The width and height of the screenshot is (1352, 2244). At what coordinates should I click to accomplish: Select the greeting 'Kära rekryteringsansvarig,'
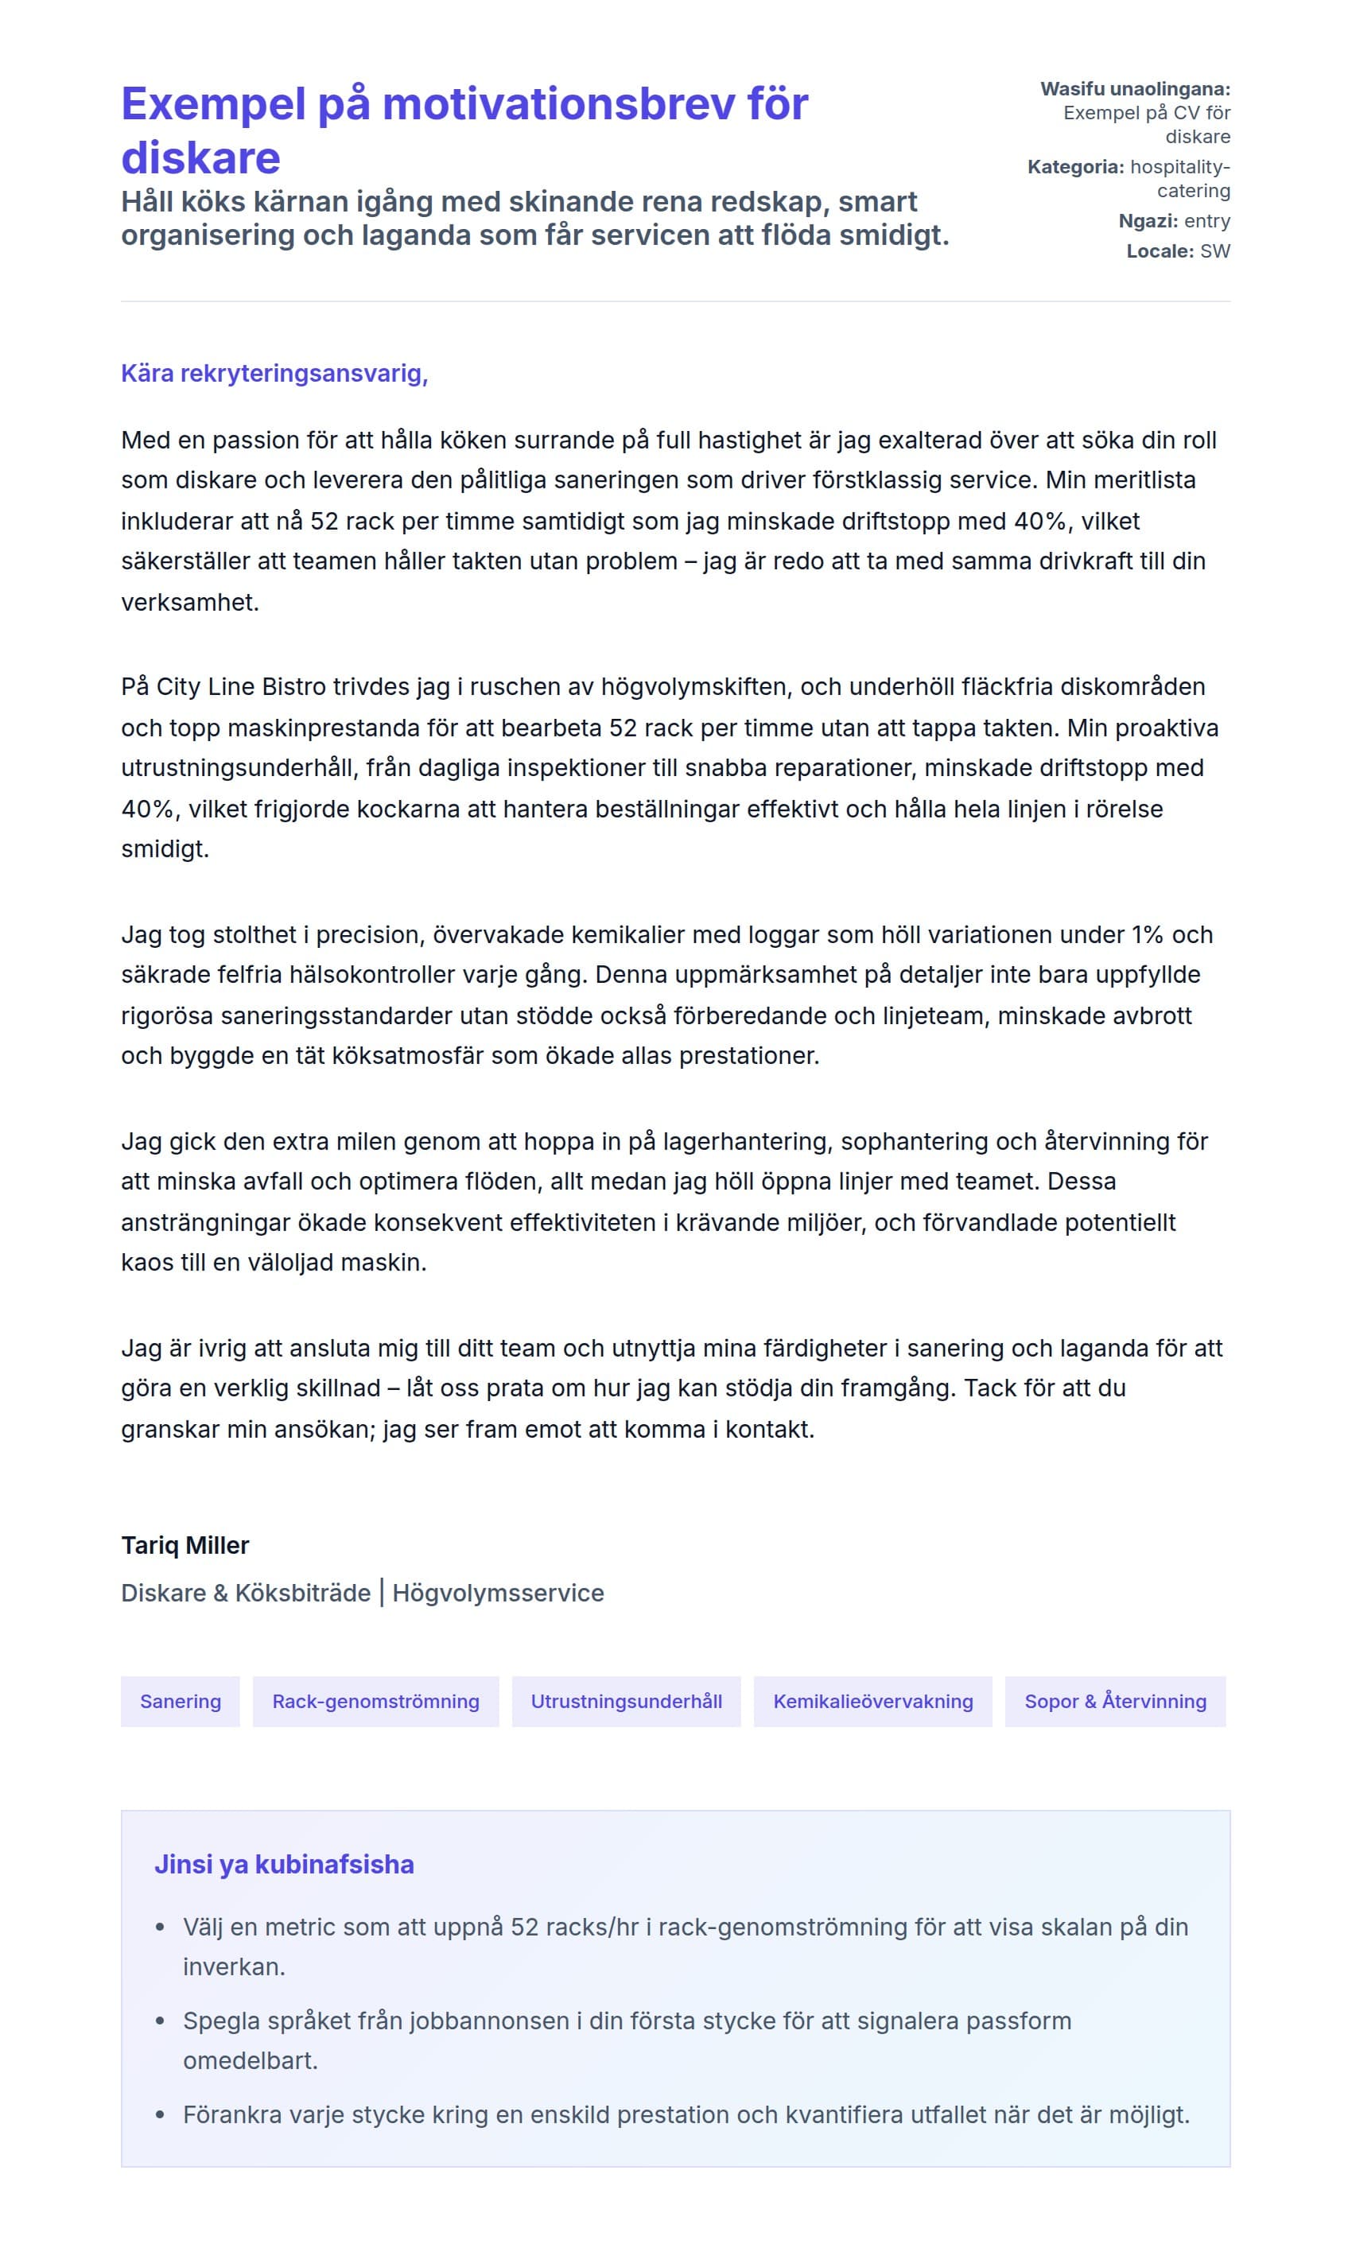(274, 374)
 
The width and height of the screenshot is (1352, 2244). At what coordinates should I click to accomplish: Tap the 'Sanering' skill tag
(181, 1701)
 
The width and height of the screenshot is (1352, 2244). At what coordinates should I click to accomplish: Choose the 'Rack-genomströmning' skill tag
(375, 1701)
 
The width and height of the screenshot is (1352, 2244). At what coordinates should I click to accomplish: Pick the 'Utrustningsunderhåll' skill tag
(626, 1701)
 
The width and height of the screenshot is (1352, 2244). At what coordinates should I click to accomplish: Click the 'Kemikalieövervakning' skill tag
(872, 1701)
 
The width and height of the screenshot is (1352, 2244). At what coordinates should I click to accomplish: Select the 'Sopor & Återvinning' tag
(1115, 1701)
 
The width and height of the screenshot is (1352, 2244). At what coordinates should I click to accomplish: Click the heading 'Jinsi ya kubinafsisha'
(284, 1864)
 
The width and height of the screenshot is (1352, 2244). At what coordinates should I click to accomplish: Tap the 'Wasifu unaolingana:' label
(1135, 89)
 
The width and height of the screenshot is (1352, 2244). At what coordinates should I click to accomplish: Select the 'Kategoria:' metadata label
(1076, 167)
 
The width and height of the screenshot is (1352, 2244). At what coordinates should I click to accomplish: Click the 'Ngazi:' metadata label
(1148, 221)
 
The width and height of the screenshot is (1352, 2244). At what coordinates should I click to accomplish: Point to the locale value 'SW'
(1214, 251)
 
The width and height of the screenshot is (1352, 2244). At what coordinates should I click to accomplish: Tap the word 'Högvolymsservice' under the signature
(499, 1593)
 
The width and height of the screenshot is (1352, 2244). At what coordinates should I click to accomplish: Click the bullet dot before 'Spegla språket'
(161, 2021)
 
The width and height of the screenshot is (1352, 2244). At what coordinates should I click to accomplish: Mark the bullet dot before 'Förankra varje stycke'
(161, 2114)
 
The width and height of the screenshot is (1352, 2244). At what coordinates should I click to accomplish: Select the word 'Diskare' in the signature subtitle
(163, 1593)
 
